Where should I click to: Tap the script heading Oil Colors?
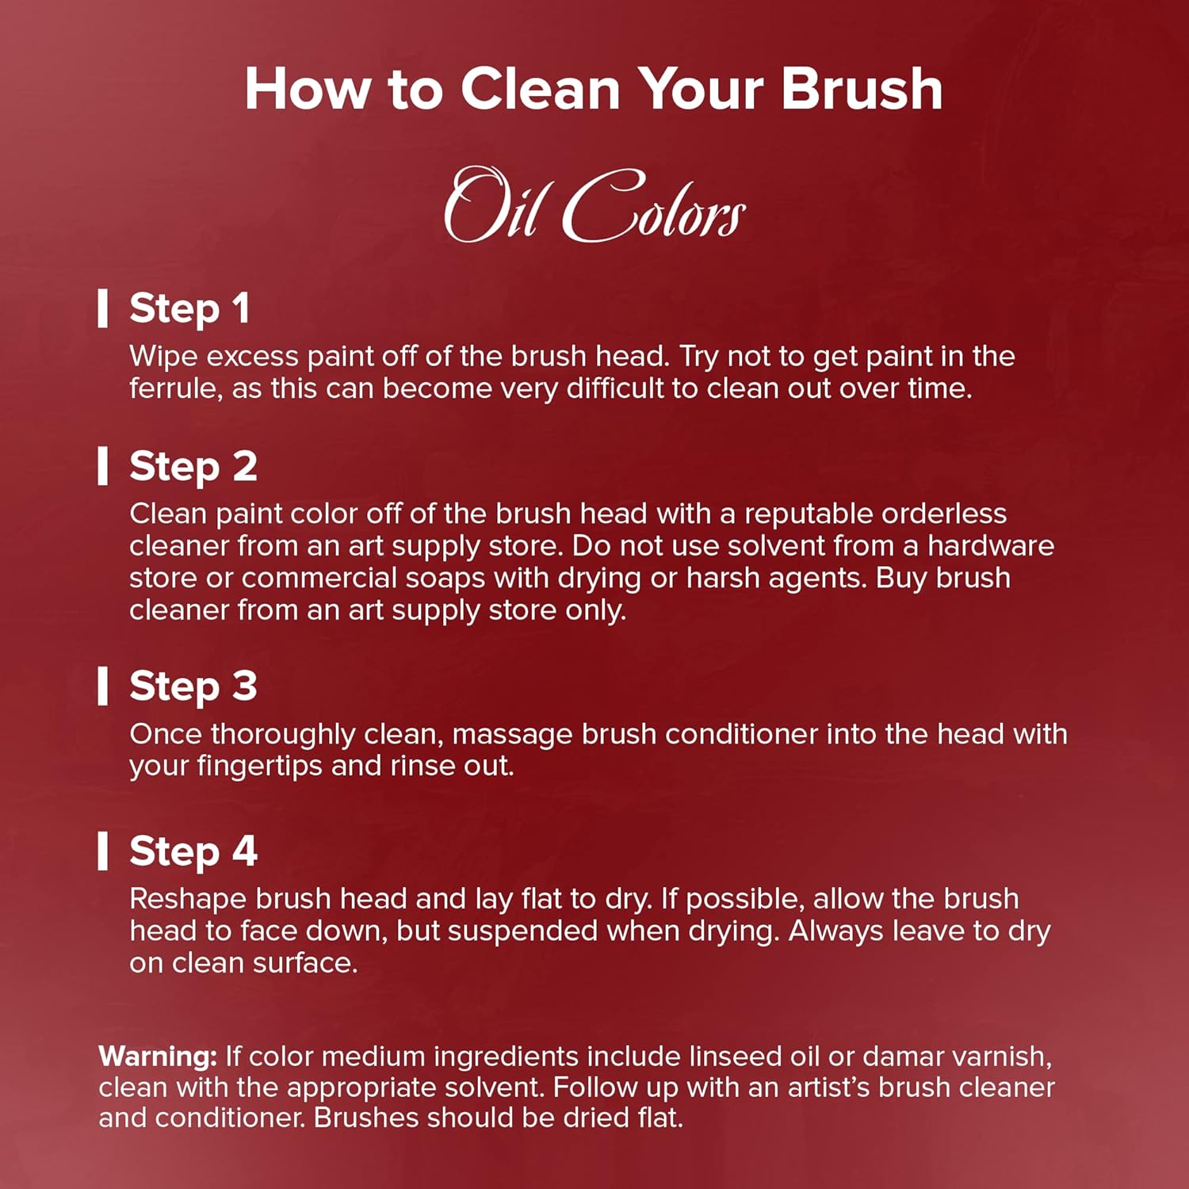point(594,205)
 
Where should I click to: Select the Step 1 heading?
point(189,309)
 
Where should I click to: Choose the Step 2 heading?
point(193,467)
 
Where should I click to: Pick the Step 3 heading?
point(193,686)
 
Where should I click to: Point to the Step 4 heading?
point(193,852)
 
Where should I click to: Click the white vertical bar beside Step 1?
point(102,308)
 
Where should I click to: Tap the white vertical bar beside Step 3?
point(102,686)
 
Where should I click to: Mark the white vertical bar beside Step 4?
point(102,851)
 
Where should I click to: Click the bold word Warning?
point(158,1057)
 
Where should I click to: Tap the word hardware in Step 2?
point(991,546)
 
